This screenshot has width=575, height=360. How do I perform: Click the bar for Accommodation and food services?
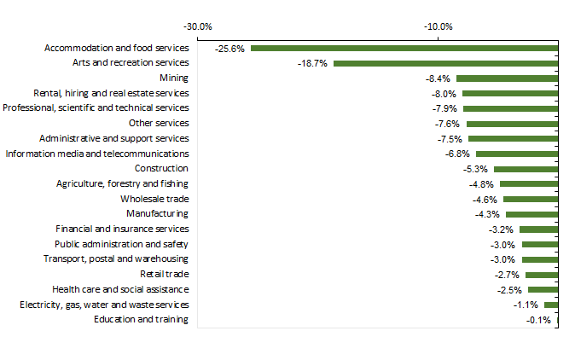coord(404,49)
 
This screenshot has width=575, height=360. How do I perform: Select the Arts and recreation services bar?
coord(445,63)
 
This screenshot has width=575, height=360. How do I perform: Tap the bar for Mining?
coord(507,78)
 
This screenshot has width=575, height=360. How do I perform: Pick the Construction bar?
coord(526,169)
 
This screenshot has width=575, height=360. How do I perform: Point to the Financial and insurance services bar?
coord(538,229)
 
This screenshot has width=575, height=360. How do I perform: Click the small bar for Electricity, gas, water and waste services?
coord(551,305)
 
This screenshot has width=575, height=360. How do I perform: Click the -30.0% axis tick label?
coord(199,26)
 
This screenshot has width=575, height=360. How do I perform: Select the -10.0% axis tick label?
coord(439,26)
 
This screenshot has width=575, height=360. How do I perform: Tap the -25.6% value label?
coord(230,49)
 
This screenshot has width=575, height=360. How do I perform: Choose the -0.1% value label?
coord(539,320)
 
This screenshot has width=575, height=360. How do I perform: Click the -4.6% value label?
coord(485,200)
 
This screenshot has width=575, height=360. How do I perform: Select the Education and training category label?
coord(142,320)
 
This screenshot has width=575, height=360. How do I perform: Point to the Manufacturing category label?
coord(158,213)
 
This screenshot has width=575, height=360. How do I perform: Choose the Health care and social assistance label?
coord(120,289)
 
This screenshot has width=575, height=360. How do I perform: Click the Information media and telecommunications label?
coord(97,154)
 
